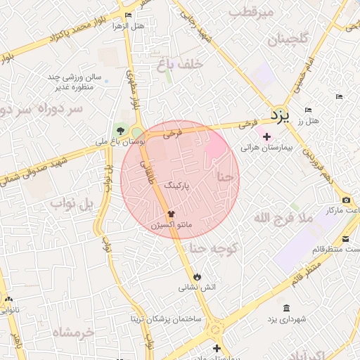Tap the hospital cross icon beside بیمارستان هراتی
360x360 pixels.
tap(266, 136)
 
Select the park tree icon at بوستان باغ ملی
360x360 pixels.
tap(120, 130)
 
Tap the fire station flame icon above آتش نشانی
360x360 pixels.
tap(196, 276)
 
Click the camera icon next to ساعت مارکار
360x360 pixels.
tap(346, 200)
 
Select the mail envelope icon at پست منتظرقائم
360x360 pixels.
tap(346, 238)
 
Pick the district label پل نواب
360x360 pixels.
tap(72, 204)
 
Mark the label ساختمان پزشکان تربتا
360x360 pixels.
tap(165, 319)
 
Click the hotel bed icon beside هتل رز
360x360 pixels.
tap(308, 110)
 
